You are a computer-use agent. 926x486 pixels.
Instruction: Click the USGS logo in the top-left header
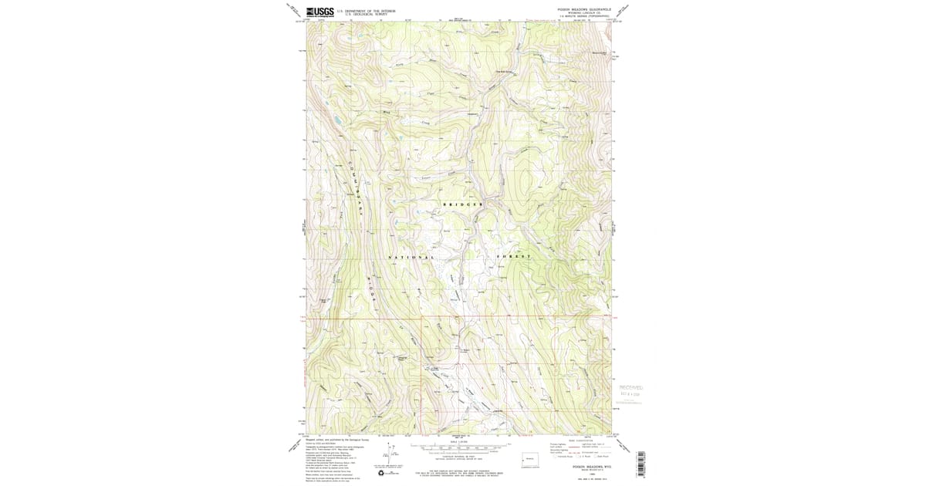click(319, 12)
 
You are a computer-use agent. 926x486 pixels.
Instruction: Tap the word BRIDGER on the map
click(463, 204)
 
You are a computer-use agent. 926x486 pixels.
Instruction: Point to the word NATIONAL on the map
click(411, 256)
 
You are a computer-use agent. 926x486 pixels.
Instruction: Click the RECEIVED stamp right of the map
click(630, 390)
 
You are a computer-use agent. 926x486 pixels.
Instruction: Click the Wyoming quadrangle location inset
click(531, 458)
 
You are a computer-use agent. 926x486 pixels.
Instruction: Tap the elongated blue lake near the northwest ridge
click(336, 121)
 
